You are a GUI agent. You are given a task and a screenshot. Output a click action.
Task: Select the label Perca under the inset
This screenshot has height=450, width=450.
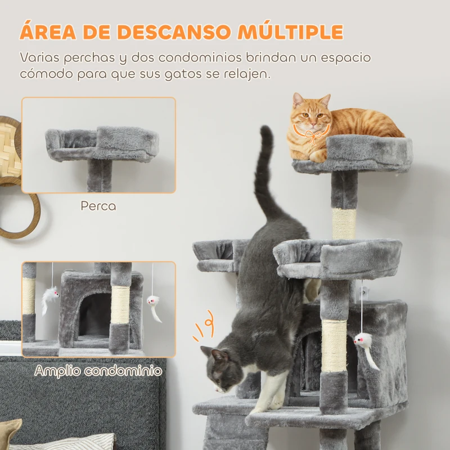point(98,206)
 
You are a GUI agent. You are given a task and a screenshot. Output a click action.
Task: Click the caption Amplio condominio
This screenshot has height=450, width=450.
point(98,371)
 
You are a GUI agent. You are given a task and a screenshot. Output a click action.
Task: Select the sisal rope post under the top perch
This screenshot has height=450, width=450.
point(344,224)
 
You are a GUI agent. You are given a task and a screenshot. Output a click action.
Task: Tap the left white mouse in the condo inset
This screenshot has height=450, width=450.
point(49,297)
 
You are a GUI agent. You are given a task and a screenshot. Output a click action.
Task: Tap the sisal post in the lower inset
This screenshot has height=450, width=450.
point(120,304)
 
